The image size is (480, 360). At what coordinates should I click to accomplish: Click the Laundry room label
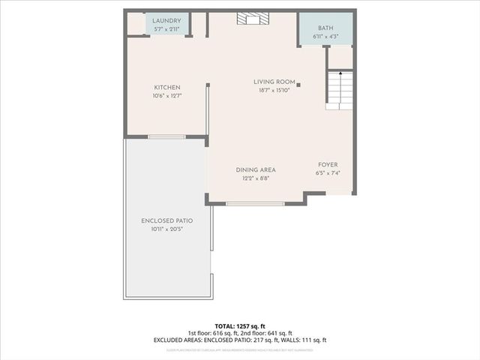click(x=166, y=20)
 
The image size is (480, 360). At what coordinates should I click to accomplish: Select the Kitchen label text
click(x=167, y=87)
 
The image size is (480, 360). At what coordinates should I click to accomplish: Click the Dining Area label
click(x=256, y=169)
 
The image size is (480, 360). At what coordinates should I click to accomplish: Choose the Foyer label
click(x=328, y=164)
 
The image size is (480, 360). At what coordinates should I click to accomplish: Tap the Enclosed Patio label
click(x=167, y=220)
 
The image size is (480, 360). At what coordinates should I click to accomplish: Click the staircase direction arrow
click(x=340, y=73)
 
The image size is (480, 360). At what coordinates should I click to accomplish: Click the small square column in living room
click(x=298, y=85)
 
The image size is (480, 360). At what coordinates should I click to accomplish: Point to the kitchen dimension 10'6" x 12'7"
click(x=167, y=96)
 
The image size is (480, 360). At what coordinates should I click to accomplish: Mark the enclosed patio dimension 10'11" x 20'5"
click(x=167, y=229)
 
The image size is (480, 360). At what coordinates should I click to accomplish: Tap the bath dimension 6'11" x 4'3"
click(x=325, y=35)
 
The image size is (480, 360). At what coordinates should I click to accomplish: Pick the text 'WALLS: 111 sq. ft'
click(x=301, y=340)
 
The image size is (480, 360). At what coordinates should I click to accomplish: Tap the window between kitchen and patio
click(x=166, y=136)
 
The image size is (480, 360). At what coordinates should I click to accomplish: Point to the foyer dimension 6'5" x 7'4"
click(x=328, y=173)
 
